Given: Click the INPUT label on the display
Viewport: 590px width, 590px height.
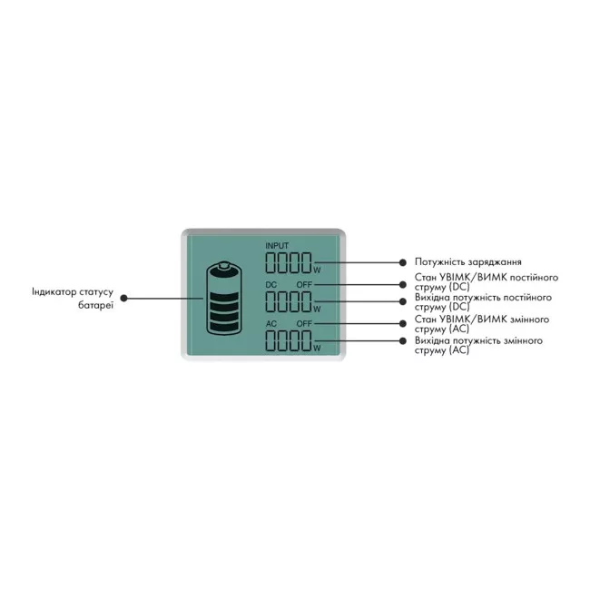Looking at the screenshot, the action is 277,246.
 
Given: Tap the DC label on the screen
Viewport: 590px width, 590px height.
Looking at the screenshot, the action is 270,285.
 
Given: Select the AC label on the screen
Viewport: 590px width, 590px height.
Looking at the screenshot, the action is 270,324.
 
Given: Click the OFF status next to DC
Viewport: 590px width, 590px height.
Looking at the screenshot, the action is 304,285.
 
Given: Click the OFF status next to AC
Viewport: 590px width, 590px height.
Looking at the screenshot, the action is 304,324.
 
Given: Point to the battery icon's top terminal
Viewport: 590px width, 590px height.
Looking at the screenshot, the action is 224,265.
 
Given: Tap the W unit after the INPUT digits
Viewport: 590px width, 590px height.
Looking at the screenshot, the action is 317,270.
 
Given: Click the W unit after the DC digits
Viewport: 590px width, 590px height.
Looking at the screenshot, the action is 317,309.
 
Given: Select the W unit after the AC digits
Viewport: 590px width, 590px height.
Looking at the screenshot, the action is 317,348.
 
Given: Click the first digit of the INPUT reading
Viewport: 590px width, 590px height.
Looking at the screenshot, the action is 270,262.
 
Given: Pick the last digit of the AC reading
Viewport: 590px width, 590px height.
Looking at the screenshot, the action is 306,340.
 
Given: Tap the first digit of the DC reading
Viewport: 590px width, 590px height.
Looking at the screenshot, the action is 270,301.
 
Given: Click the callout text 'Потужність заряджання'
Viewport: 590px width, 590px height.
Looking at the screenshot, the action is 468,262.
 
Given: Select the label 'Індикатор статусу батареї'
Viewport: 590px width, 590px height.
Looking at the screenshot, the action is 73,299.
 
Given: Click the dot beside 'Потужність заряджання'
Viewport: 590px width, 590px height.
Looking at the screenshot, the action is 403,262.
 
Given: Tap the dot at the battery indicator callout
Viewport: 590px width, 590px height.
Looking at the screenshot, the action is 123,299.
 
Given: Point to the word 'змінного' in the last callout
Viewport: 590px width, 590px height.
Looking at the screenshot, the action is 523,341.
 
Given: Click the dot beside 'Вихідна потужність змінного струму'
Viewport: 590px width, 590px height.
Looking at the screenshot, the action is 403,341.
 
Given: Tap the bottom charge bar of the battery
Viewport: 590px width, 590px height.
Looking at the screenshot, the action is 224,327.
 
